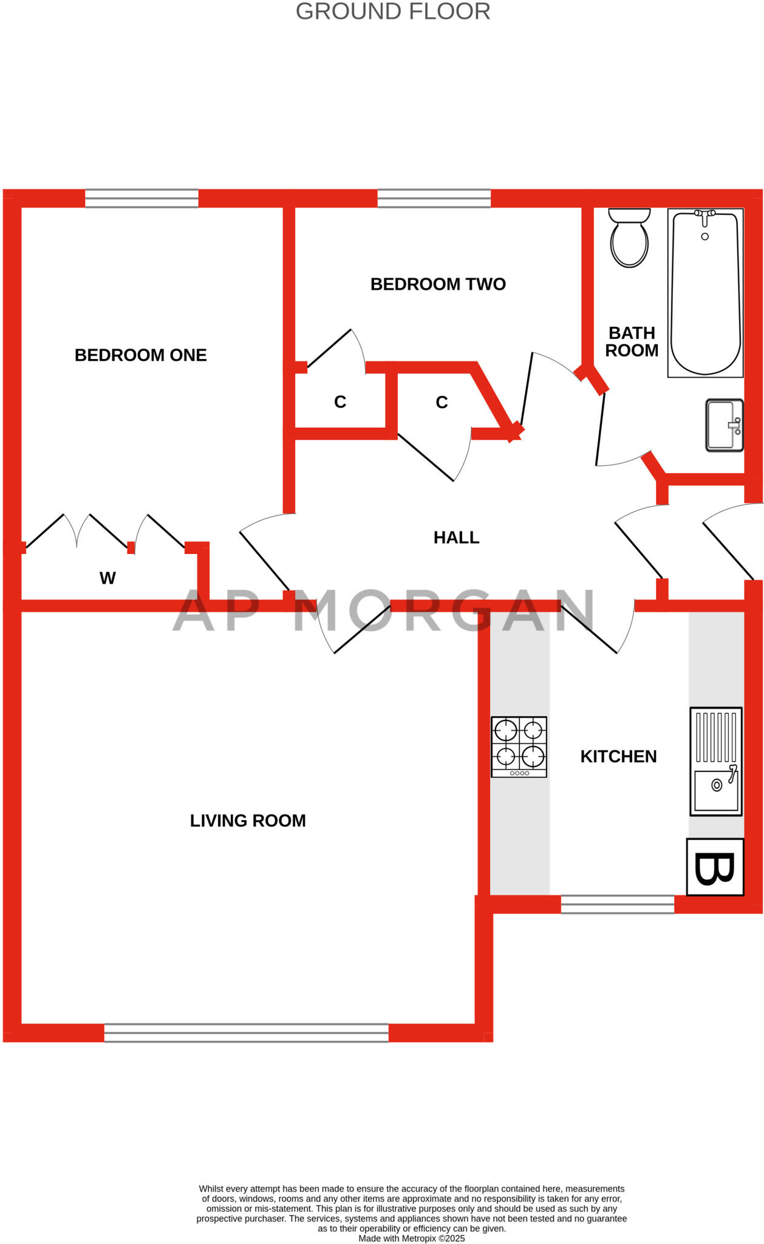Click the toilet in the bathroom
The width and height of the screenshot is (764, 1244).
click(629, 239)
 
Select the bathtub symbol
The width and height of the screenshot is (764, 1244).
click(705, 293)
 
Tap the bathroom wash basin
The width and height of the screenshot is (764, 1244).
click(724, 425)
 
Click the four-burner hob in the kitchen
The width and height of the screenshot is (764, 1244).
click(519, 747)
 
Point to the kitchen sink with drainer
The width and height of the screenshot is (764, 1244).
click(716, 761)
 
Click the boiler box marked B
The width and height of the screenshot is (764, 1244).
click(715, 867)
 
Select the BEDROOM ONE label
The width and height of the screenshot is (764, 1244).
click(140, 355)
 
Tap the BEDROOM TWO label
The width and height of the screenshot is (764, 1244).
click(438, 284)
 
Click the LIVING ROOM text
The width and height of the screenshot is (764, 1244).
click(248, 821)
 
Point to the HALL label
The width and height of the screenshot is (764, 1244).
click(456, 538)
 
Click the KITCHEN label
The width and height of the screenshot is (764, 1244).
click(618, 756)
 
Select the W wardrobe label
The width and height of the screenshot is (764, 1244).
click(107, 578)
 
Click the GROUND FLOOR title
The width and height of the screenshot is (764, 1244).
click(393, 12)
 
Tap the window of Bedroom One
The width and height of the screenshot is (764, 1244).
click(142, 199)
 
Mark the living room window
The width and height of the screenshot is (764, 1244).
click(246, 1033)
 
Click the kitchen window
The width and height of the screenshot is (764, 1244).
click(617, 904)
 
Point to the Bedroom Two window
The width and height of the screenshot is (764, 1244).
click(434, 199)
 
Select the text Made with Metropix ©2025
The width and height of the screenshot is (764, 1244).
click(411, 1238)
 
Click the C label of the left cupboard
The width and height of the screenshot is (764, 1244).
click(340, 402)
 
